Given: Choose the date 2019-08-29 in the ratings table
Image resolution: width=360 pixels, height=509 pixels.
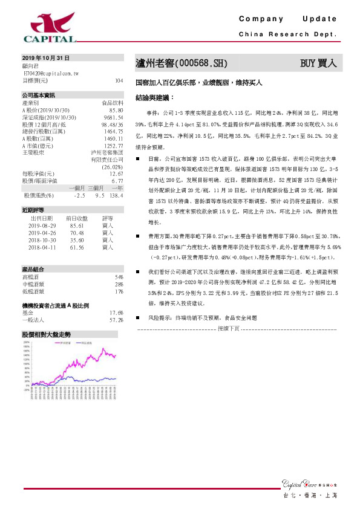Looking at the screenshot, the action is [42, 225].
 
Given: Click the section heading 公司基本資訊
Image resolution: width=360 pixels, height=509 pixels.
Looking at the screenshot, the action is [38, 96].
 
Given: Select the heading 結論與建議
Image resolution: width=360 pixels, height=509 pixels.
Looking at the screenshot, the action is [154, 97].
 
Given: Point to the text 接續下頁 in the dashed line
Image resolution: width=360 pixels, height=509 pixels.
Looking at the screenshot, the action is [229, 328].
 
